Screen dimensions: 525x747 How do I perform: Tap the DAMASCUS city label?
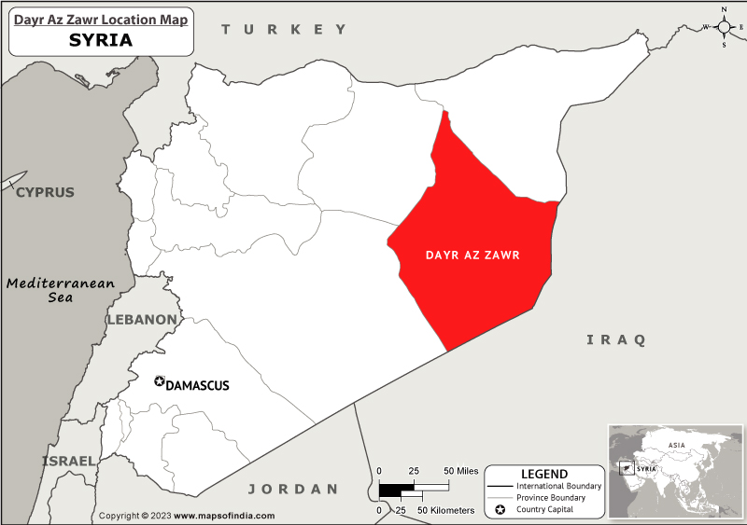[x=197, y=385]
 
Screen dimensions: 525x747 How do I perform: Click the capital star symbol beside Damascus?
[x=159, y=381]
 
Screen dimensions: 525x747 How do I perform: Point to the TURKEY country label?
[x=284, y=30]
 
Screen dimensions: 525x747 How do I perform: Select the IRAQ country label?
[x=615, y=339]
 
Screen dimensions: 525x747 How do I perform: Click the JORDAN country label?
[x=292, y=489]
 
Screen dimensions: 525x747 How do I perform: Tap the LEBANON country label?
[x=141, y=319]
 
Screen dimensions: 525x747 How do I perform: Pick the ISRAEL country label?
[x=68, y=461]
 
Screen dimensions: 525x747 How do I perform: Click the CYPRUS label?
[x=44, y=192]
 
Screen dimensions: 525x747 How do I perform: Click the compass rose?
[x=725, y=26]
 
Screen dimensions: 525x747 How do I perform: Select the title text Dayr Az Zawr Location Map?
[x=100, y=19]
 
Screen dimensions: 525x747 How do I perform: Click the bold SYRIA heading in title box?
[x=100, y=40]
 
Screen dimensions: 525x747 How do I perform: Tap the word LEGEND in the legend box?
[x=543, y=474]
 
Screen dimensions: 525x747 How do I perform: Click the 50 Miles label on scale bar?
[x=461, y=471]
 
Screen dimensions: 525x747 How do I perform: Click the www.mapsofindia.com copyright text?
[x=224, y=516]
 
